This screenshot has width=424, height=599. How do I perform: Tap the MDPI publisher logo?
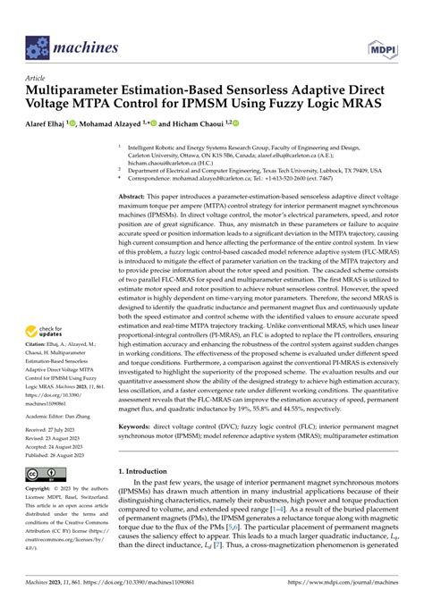(378, 42)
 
